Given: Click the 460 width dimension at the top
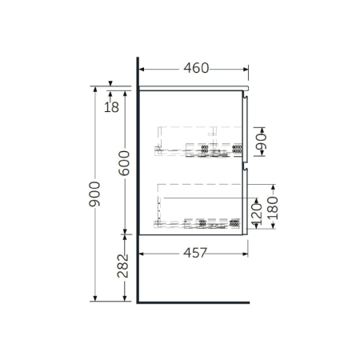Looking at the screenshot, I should point(194,69).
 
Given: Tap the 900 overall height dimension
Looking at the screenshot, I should point(94,192).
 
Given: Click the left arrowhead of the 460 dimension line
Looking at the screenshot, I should point(142,69).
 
